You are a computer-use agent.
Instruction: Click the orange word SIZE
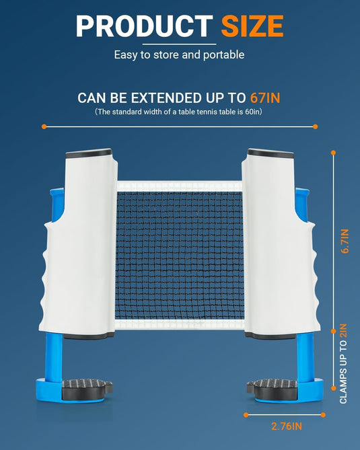pos(252,26)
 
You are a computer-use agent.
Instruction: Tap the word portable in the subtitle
pos(223,54)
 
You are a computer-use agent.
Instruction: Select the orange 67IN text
pos(265,98)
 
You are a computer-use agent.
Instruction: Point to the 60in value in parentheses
pos(252,112)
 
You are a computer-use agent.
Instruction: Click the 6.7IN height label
pos(345,241)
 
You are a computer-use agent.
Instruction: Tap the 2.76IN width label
pos(287,426)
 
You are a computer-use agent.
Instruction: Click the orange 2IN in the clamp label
pos(343,331)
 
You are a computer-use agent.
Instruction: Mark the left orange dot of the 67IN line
pos(44,126)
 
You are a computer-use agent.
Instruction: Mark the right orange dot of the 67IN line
pos(315,126)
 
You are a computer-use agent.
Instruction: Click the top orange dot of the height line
pos(333,153)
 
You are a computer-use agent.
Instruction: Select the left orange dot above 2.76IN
pos(246,415)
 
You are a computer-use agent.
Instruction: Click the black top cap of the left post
pos(89,153)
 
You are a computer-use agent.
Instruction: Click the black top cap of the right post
pos(271,153)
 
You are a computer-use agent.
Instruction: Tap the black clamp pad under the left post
pos(87,388)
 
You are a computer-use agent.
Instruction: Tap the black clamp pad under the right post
pos(272,389)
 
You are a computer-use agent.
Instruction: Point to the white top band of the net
pos(180,186)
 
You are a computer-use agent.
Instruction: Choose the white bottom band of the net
pos(180,324)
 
